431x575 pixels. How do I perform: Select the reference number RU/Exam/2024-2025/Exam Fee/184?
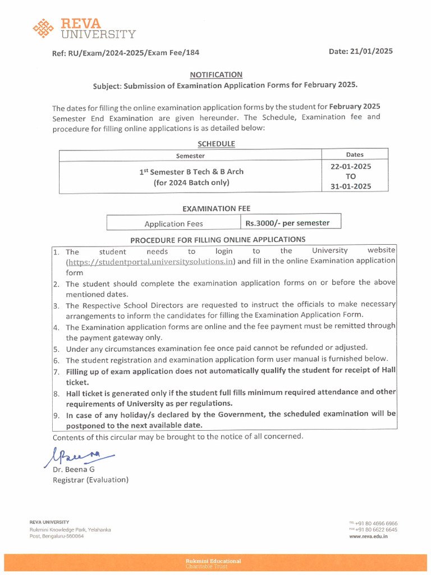click(x=134, y=53)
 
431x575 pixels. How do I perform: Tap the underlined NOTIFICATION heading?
click(x=215, y=74)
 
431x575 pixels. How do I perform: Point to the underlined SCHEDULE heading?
click(x=216, y=144)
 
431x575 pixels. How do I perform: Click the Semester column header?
click(x=190, y=156)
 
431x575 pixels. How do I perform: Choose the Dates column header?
click(x=355, y=154)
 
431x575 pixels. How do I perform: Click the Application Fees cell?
click(x=173, y=223)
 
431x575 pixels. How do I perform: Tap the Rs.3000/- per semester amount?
click(x=287, y=223)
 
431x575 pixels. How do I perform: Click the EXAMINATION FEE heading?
click(x=216, y=208)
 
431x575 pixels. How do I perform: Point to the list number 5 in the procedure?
click(x=56, y=348)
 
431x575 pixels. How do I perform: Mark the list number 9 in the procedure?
click(x=56, y=416)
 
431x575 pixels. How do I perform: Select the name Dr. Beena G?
click(x=74, y=469)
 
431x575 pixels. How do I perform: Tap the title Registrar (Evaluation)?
click(x=90, y=480)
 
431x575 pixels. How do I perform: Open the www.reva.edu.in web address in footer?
click(x=368, y=536)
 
